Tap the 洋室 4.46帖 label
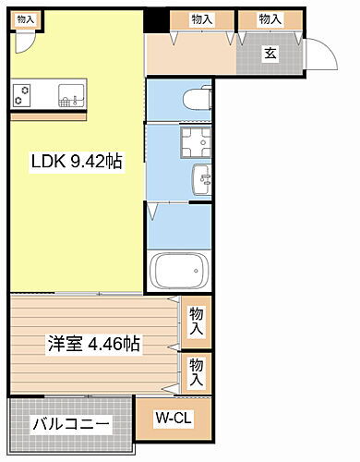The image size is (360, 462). tap(94, 344)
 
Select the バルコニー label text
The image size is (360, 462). tap(72, 426)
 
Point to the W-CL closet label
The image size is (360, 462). tap(174, 419)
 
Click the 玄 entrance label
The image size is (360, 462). tap(270, 53)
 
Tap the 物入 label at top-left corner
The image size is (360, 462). tap(26, 18)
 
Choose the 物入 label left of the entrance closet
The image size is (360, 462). tap(202, 18)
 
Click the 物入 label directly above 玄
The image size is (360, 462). tap(270, 18)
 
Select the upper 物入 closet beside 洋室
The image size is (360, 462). tap(196, 322)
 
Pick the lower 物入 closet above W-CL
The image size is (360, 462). tap(196, 372)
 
